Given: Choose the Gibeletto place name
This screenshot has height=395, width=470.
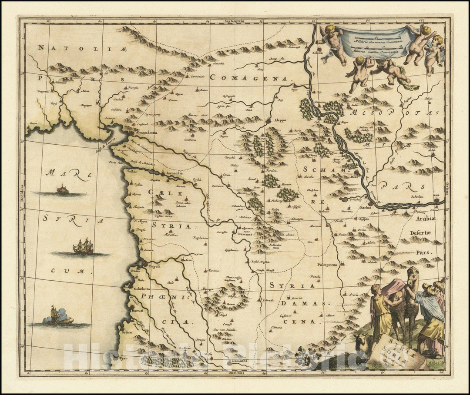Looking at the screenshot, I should pyautogui.click(x=142, y=289).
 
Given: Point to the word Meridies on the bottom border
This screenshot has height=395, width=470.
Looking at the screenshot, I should pyautogui.click(x=235, y=373).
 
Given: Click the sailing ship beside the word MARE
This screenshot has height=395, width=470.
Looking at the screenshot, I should pyautogui.click(x=62, y=189).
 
